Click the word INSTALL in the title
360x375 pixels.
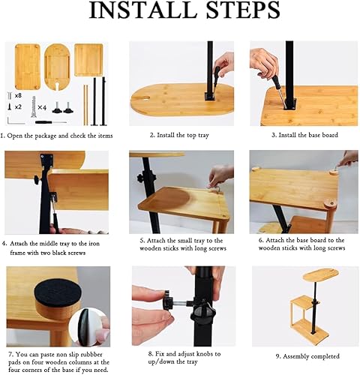click(x=140, y=10)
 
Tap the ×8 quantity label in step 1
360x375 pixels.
click(x=18, y=95)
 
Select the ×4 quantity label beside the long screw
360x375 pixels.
click(x=42, y=107)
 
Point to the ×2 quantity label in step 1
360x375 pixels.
click(x=18, y=106)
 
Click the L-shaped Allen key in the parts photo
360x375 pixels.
click(x=15, y=121)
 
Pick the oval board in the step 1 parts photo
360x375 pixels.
click(x=57, y=67)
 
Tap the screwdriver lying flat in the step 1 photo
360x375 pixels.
click(x=51, y=122)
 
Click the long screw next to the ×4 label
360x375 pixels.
click(x=33, y=106)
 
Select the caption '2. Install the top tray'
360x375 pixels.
click(x=179, y=135)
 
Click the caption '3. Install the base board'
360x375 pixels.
click(x=304, y=135)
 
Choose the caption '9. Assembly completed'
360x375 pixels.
click(x=307, y=356)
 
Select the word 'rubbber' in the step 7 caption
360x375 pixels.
click(x=91, y=355)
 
